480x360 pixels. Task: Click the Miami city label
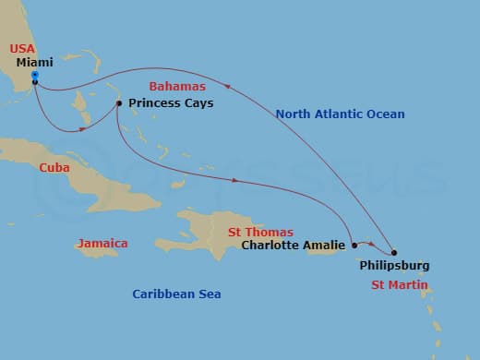35,63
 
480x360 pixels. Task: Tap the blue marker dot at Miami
34,75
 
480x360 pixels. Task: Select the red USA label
22,48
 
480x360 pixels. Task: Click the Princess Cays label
171,103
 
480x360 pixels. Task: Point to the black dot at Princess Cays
119,102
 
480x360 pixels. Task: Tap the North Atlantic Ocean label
340,114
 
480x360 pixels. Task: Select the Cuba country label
54,168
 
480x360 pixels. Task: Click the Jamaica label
102,243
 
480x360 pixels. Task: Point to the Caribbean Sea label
176,294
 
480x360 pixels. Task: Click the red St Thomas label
262,232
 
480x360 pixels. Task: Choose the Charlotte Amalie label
294,246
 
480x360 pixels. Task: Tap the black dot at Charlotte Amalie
354,246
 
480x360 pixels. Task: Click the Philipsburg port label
394,266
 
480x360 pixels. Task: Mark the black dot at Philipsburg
394,252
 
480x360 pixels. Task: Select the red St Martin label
399,285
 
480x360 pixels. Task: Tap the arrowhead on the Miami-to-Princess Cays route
85,129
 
